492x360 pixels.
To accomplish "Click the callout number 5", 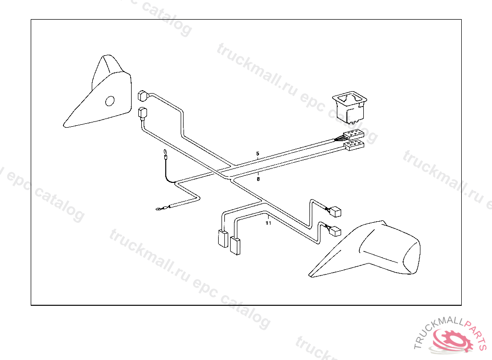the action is [x=258, y=154].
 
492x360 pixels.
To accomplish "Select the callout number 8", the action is [x=258, y=179].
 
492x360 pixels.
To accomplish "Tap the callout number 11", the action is [x=268, y=223].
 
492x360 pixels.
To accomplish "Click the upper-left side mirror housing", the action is [x=103, y=94].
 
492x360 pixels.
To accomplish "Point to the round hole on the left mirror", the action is [x=110, y=101].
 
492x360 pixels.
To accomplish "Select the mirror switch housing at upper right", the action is [x=350, y=107].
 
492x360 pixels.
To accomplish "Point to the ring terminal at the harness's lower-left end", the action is [x=159, y=209].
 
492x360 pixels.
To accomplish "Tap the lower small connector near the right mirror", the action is [x=335, y=232].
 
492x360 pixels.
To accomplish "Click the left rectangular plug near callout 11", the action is [x=223, y=238].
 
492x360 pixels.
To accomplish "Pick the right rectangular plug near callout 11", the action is [x=235, y=245].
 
